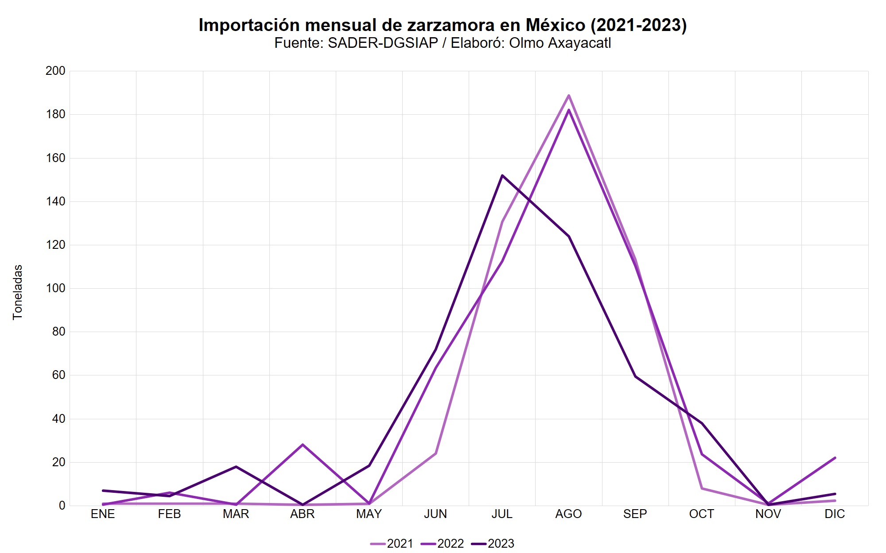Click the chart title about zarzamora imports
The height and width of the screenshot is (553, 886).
443,25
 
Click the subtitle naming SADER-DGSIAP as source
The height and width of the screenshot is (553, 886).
443,43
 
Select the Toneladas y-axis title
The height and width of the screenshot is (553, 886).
18,292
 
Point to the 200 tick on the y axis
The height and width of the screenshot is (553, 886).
55,71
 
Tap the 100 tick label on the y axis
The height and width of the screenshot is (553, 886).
55,288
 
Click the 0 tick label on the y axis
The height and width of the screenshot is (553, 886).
62,506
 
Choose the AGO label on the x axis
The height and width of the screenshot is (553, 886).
568,514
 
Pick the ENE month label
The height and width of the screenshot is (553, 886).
103,514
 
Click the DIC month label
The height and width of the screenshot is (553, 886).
835,514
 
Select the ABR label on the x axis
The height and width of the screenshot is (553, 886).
303,514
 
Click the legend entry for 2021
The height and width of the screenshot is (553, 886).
392,543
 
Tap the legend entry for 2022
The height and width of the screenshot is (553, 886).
443,543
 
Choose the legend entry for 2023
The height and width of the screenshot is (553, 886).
493,543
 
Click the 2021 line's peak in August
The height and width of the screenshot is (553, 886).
568,95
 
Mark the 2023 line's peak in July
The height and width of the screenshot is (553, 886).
502,175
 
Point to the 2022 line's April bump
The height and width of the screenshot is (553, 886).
303,445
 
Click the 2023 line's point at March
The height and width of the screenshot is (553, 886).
236,467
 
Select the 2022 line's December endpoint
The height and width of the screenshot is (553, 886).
835,458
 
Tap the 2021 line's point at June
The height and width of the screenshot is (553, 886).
435,453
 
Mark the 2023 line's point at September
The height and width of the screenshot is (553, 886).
635,376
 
